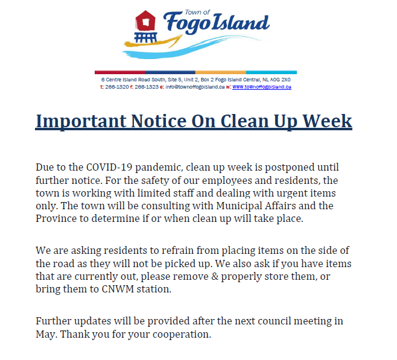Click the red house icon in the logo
(x=145, y=21)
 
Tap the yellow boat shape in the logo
(x=153, y=42)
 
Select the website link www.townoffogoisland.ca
(x=262, y=87)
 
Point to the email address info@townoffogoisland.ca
(x=195, y=87)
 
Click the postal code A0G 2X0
(x=280, y=80)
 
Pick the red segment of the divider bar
(x=120, y=72)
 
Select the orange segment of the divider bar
(x=221, y=72)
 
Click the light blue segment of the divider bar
(x=271, y=72)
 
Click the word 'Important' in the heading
(x=81, y=121)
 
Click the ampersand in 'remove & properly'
(x=215, y=276)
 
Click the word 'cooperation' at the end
(x=182, y=335)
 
